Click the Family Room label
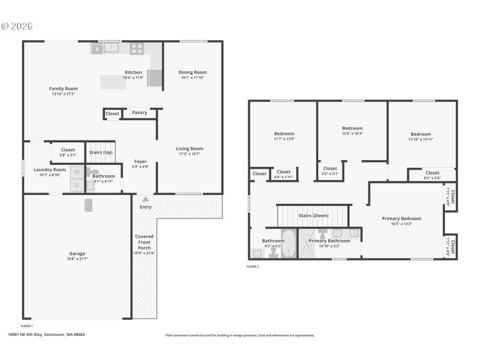coord(63,89)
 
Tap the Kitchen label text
coord(133,73)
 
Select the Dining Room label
coord(193,73)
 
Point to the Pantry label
coord(139,112)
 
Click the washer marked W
coord(77,172)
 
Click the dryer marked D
coord(77,186)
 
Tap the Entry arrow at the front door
coord(145,199)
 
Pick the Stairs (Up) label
coord(101,152)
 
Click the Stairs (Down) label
coord(313,215)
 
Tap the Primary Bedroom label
coord(401,218)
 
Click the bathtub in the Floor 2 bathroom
coord(289,243)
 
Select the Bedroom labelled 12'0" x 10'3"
coord(352,128)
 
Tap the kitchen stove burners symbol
coord(137,48)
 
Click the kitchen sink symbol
coord(111,47)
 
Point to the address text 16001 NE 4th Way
coord(46,335)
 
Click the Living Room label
coord(189,149)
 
